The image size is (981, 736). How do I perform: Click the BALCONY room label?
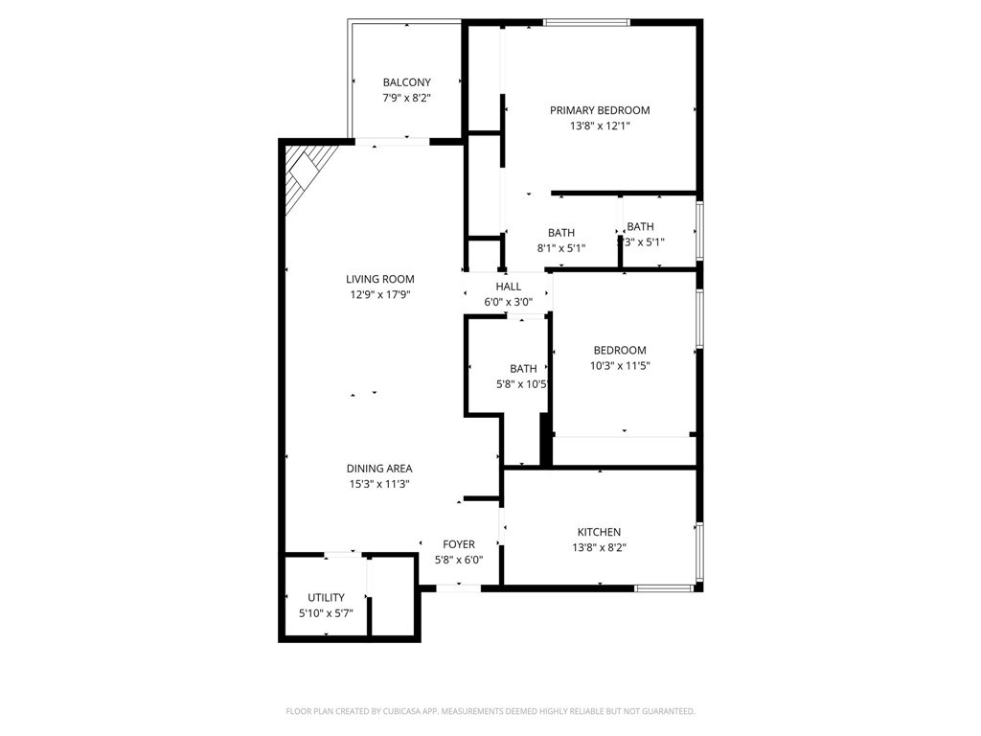coord(406,82)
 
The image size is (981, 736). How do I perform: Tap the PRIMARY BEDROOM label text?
coord(600,110)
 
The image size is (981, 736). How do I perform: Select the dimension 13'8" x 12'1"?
coord(600,126)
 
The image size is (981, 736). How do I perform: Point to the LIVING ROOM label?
coord(379,280)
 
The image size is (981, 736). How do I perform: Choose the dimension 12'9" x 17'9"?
coord(379,295)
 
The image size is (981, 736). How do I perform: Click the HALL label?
coord(509,287)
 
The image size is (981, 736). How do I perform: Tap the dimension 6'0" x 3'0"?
coord(509,302)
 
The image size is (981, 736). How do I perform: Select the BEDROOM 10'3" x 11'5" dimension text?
coord(620,366)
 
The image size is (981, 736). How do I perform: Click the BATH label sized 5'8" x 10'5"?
coord(523,369)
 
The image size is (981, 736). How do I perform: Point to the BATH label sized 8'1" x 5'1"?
coord(561,233)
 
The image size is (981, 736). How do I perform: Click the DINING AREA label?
coord(379,469)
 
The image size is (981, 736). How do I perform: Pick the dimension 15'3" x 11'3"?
coord(379,484)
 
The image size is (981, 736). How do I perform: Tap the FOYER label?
coord(459,544)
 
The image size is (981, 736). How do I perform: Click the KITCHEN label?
coord(599,532)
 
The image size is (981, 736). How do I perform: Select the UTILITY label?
coord(326,598)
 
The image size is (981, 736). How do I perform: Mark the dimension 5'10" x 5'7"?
coord(326,613)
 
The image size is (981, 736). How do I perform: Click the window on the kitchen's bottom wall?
coord(665,587)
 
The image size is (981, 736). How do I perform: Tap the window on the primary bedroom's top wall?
coord(586,22)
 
